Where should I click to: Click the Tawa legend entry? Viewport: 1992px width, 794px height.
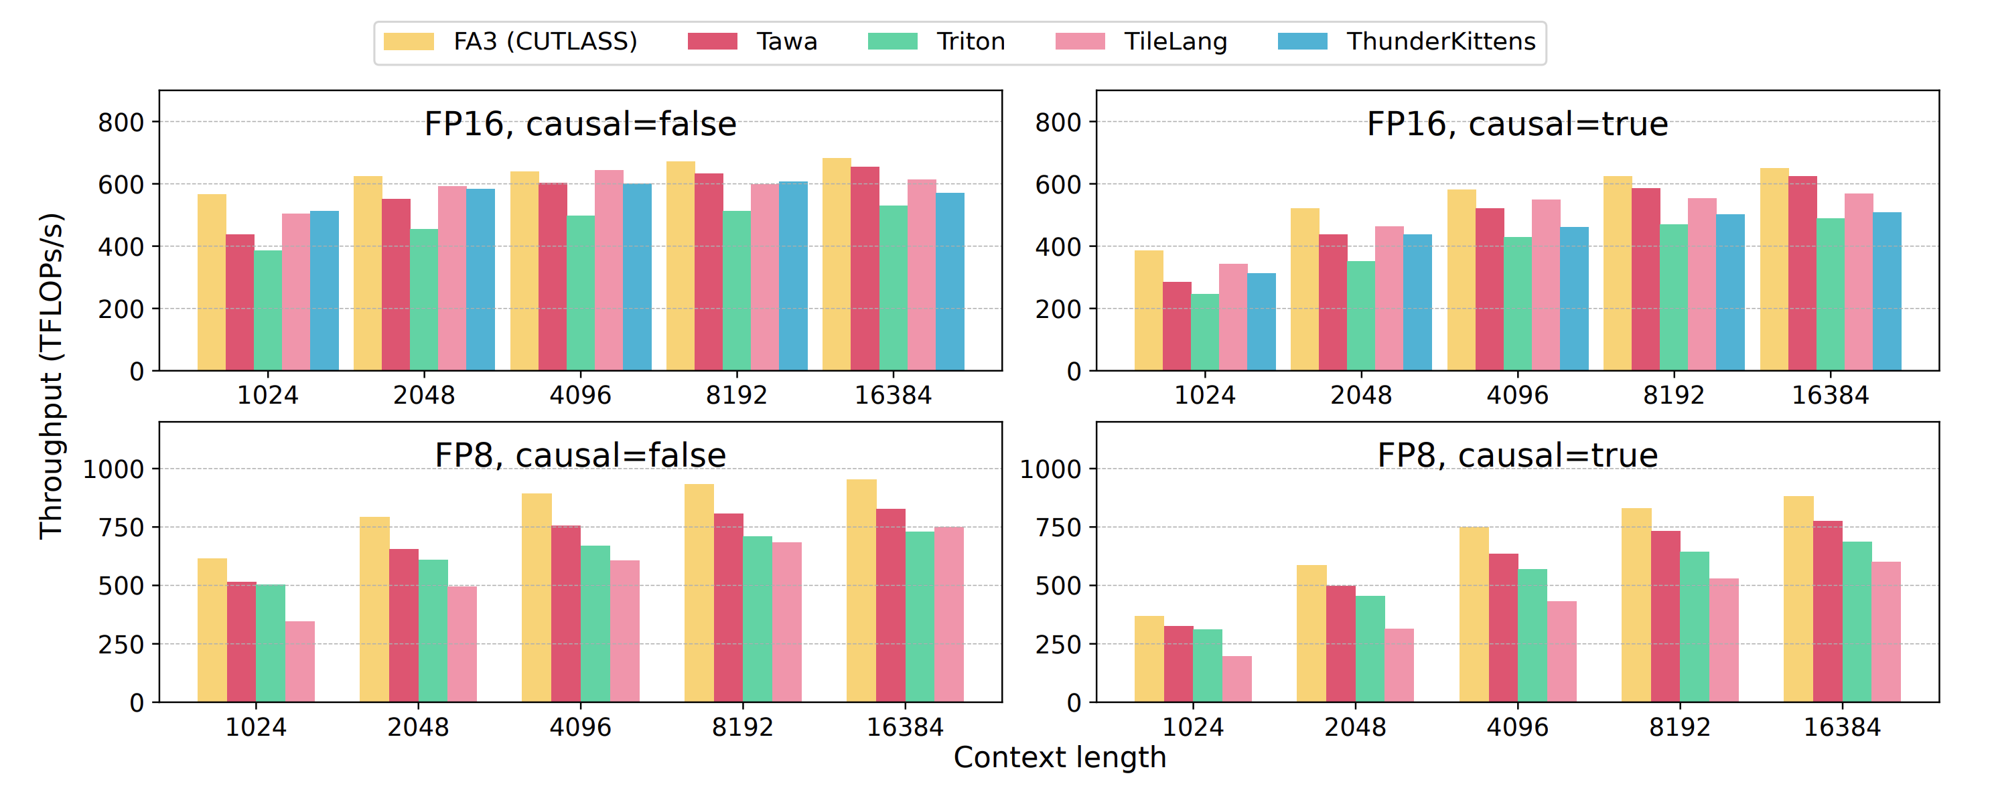(x=786, y=41)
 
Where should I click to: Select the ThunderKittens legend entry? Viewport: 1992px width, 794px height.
(x=1440, y=41)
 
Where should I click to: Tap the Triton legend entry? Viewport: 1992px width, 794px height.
(x=970, y=41)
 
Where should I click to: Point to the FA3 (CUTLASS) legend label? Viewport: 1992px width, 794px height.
(x=545, y=41)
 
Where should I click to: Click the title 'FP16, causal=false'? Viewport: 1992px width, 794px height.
(x=580, y=124)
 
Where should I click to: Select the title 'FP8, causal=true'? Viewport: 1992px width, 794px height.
(x=1517, y=455)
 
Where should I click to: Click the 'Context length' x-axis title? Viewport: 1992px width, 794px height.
(x=1060, y=758)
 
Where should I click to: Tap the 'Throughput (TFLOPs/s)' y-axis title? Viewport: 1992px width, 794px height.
(x=51, y=375)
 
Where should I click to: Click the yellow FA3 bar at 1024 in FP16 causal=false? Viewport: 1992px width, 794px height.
(x=211, y=283)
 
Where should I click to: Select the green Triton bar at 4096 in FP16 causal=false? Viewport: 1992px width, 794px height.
(x=580, y=293)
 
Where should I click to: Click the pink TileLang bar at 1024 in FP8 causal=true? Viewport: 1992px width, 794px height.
(x=1236, y=679)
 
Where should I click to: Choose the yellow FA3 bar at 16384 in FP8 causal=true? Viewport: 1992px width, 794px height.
(x=1798, y=599)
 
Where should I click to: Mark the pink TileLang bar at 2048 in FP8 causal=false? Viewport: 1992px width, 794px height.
(x=461, y=644)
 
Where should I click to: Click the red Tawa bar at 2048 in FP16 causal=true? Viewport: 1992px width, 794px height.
(x=1332, y=303)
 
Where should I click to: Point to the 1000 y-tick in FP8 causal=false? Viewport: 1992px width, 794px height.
(x=113, y=469)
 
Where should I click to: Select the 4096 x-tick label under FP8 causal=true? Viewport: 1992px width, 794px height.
(x=1517, y=728)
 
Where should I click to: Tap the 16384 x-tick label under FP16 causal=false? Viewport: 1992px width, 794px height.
(x=892, y=396)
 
